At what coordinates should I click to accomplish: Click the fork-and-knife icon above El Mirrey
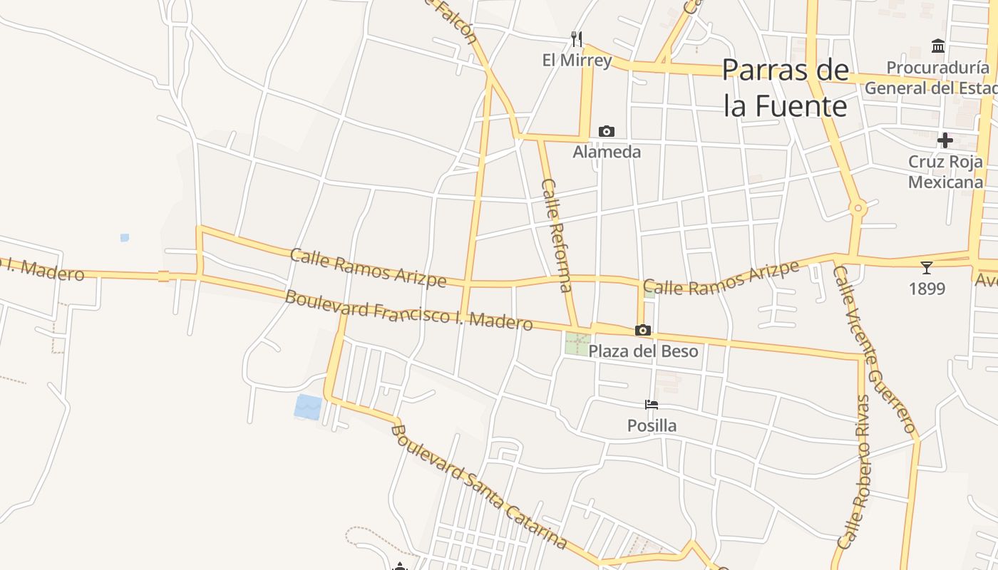577,38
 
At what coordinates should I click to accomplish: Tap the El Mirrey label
577,60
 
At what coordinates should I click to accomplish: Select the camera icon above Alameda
607,131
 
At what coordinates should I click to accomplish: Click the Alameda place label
607,152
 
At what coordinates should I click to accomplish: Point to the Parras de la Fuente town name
786,88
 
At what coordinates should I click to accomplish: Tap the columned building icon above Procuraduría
938,47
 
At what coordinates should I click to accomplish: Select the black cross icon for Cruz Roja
945,140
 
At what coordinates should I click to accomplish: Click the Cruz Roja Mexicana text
945,172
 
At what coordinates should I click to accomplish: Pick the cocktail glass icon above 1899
926,268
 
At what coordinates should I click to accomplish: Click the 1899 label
927,289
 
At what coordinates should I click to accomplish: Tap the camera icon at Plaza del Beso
642,331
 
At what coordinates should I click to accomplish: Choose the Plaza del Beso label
643,351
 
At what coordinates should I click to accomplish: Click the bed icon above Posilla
652,405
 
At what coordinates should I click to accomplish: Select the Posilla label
652,425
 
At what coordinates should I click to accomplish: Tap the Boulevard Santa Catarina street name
479,487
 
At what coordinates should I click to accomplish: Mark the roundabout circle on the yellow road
858,209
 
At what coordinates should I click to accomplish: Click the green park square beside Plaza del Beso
577,344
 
